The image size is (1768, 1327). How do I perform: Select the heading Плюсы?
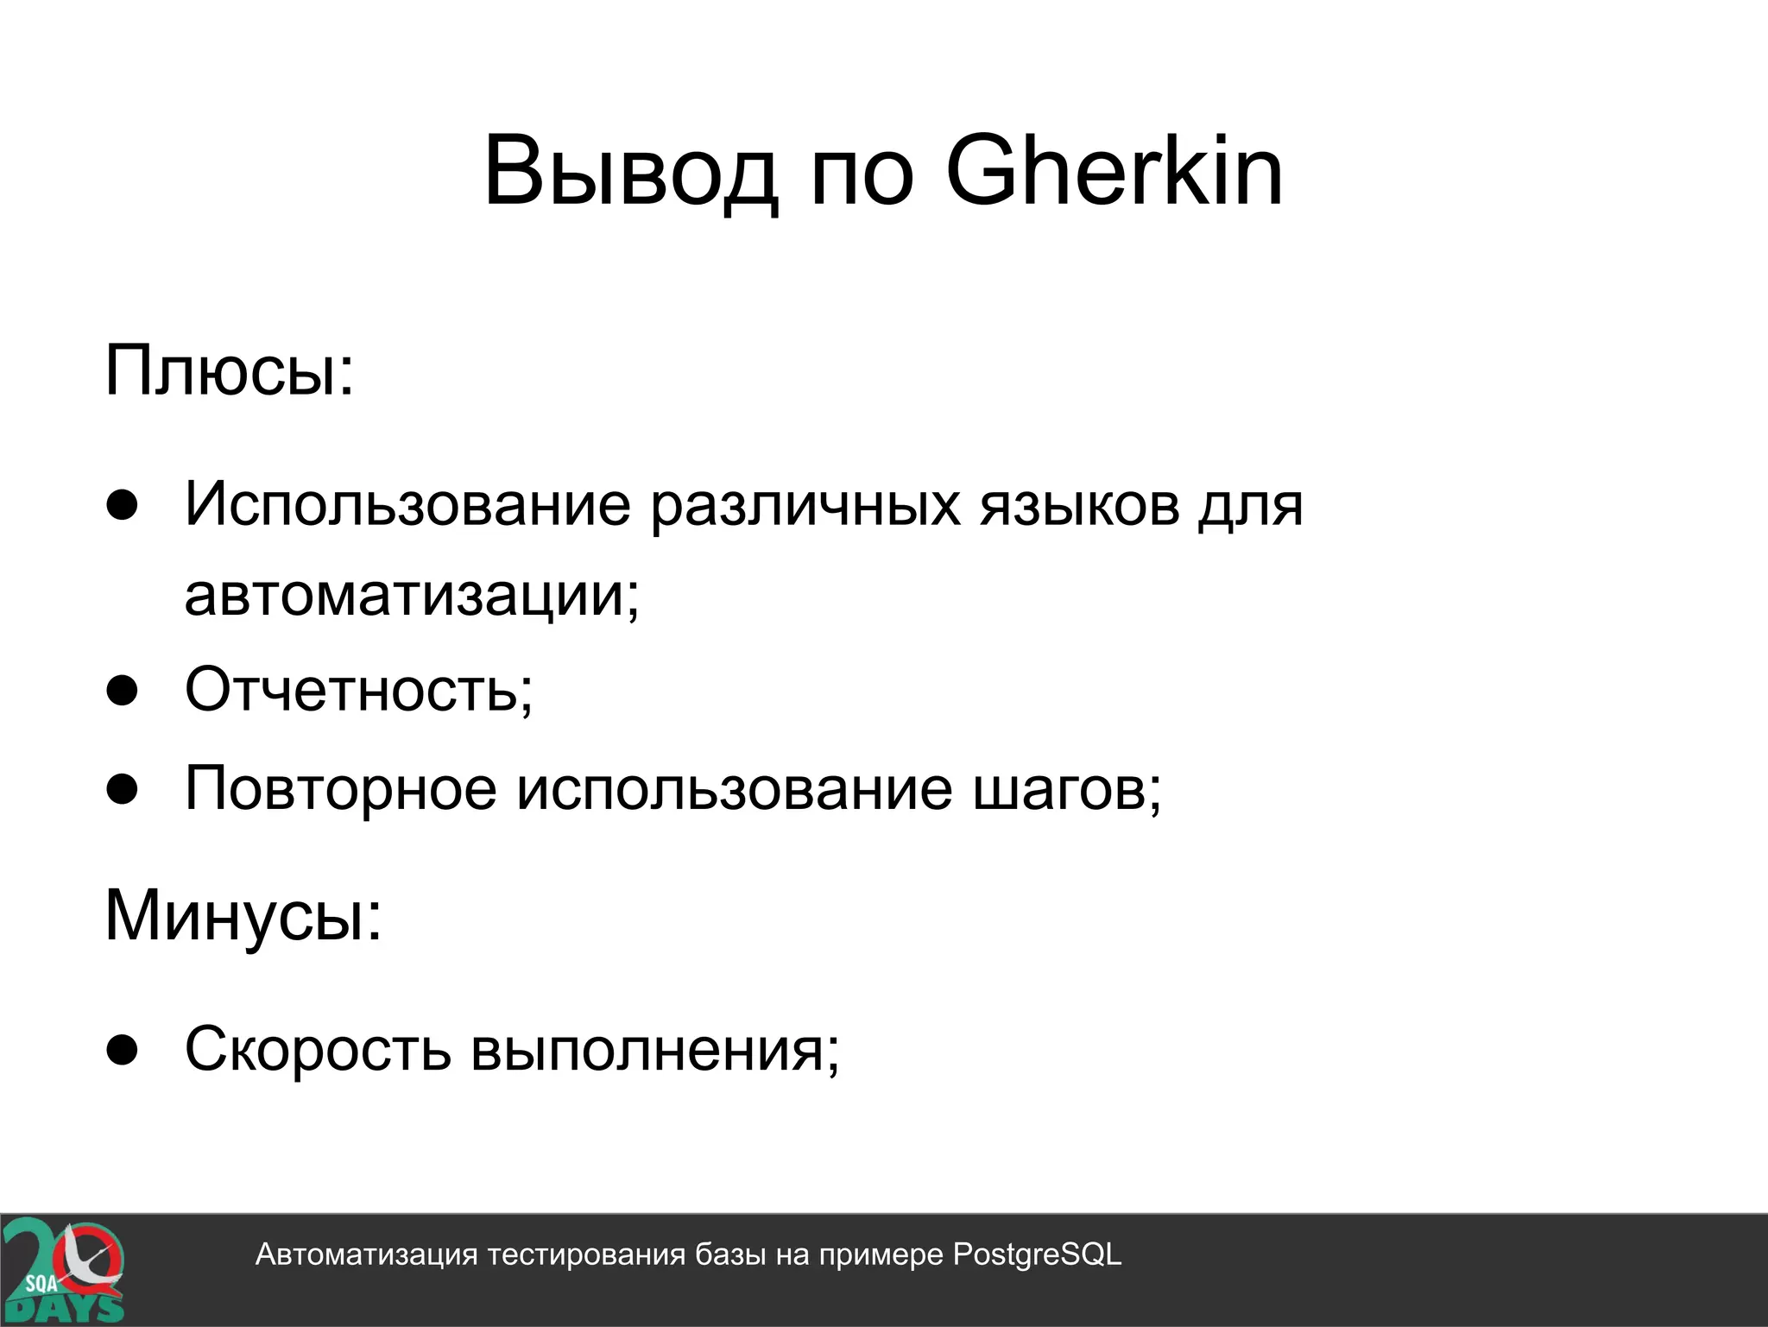(230, 371)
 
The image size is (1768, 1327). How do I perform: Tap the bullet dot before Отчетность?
(123, 691)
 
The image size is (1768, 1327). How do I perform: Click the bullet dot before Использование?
(123, 506)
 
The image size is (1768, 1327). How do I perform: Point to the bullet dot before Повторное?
(123, 788)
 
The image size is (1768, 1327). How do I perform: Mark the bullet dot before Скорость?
(123, 1050)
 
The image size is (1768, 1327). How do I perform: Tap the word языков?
(1080, 506)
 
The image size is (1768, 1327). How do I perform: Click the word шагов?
(1067, 790)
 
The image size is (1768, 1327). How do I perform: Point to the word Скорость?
(318, 1050)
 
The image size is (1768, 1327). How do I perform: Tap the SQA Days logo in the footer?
(62, 1270)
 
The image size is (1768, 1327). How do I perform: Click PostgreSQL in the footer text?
(1037, 1254)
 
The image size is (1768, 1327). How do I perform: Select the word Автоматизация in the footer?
(366, 1254)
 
